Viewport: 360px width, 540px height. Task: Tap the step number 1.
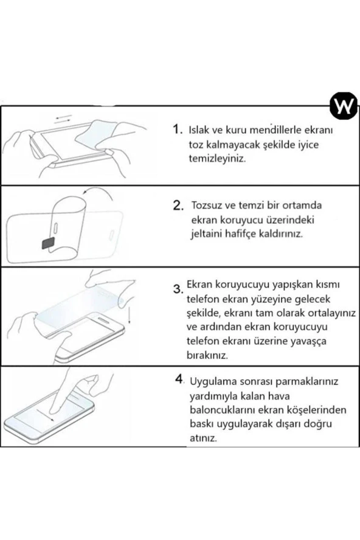177,130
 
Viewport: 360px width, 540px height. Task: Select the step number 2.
178,206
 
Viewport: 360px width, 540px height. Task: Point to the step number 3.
179,288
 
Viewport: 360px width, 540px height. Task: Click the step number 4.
179,380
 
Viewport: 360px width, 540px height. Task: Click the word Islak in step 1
201,130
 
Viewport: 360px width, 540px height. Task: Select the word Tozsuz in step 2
208,205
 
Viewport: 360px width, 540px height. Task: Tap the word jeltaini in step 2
207,234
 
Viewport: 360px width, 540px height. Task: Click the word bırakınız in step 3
208,355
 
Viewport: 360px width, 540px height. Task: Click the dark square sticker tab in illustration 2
47,244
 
